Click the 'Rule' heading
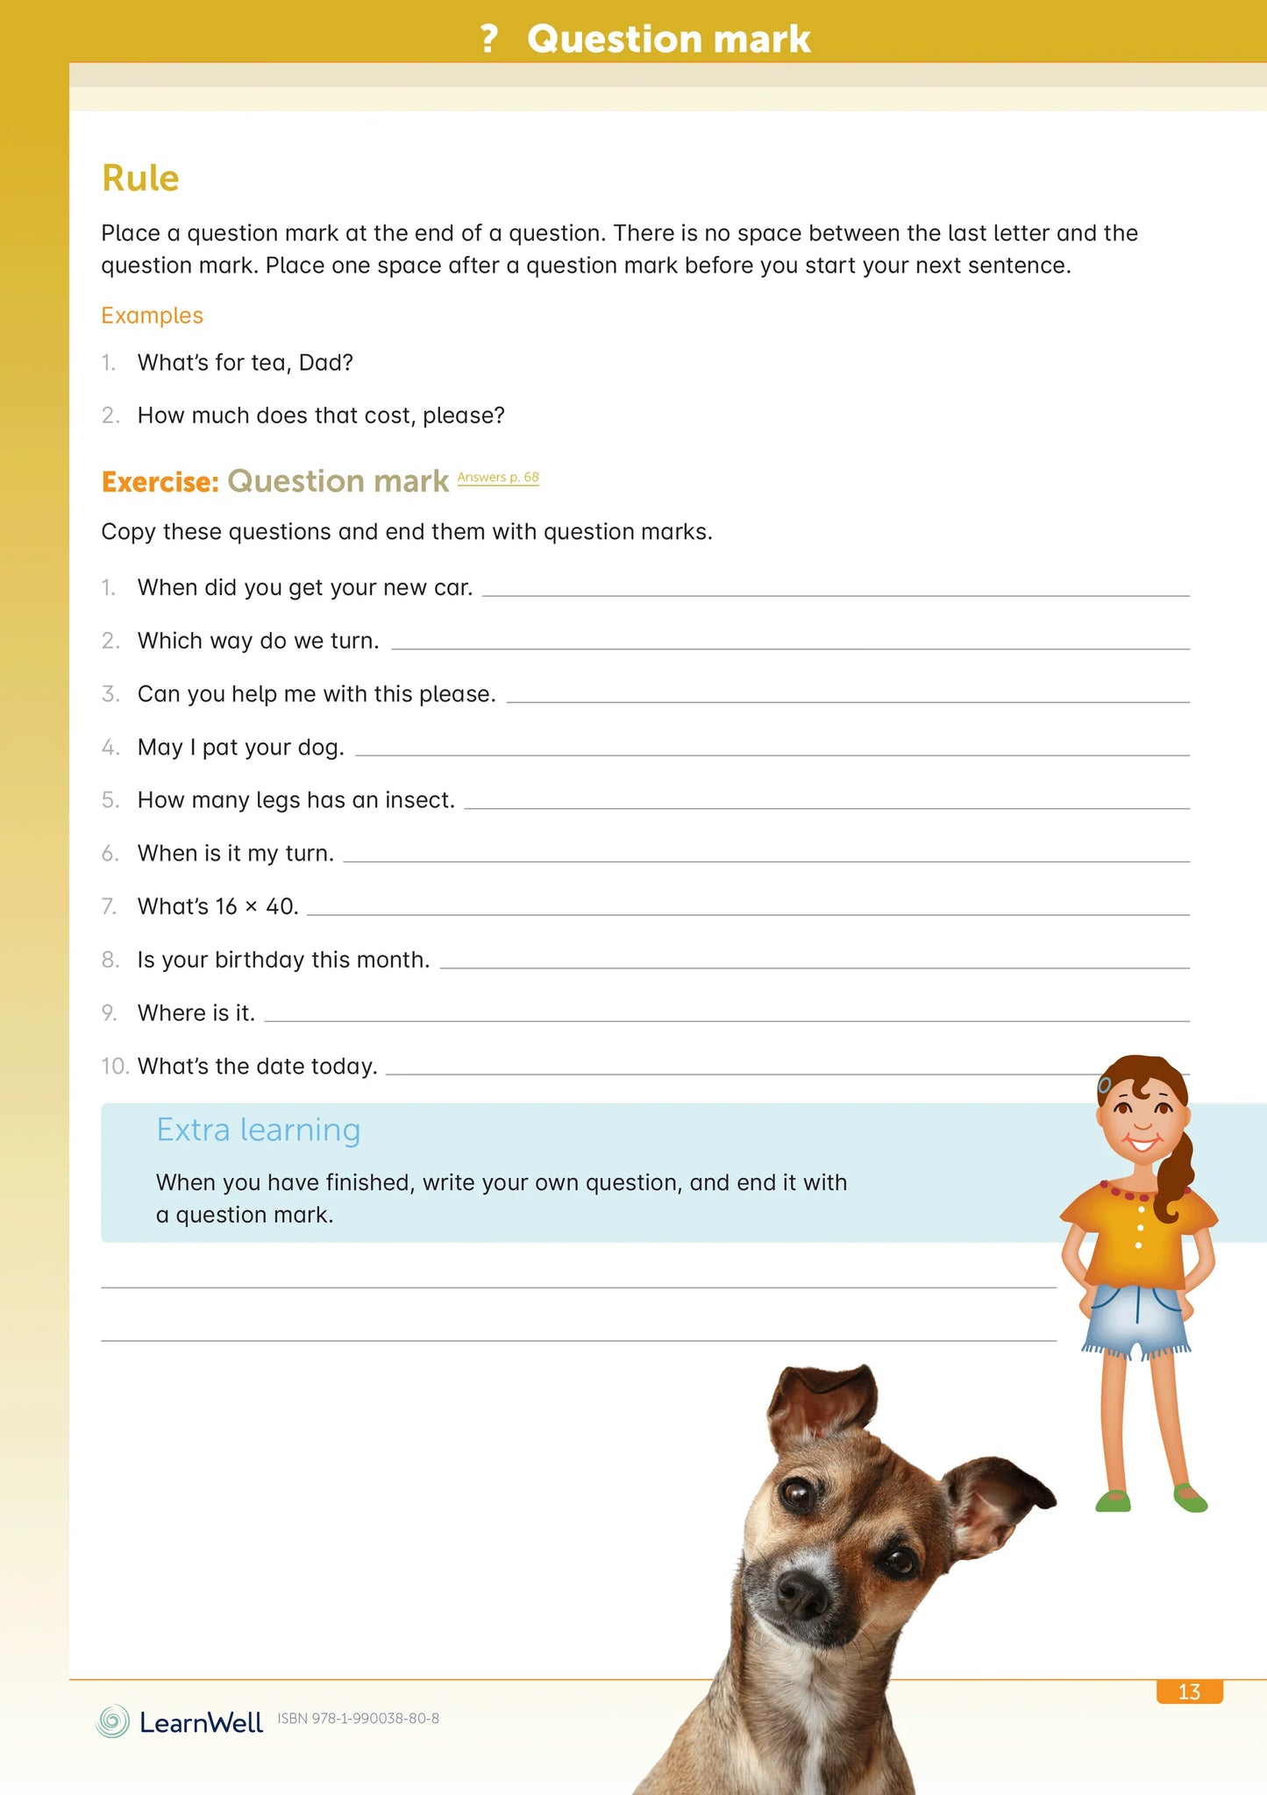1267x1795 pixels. (x=140, y=178)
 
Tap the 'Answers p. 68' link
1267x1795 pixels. (x=498, y=478)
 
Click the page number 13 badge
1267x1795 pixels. (x=1189, y=1692)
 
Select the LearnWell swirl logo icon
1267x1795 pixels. (x=112, y=1721)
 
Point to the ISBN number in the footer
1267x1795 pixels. (x=358, y=1719)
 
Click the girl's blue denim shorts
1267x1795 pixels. (x=1136, y=1315)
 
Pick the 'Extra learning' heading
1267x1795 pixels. (x=258, y=1130)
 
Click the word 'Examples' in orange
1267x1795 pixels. (x=152, y=316)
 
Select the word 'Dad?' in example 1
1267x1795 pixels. (x=325, y=363)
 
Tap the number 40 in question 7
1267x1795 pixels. (x=281, y=906)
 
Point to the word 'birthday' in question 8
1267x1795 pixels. (x=260, y=960)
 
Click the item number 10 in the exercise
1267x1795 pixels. (x=115, y=1066)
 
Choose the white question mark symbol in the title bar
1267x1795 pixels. (x=489, y=39)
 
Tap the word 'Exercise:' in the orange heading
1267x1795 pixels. (x=160, y=481)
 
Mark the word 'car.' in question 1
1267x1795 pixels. (x=453, y=587)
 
